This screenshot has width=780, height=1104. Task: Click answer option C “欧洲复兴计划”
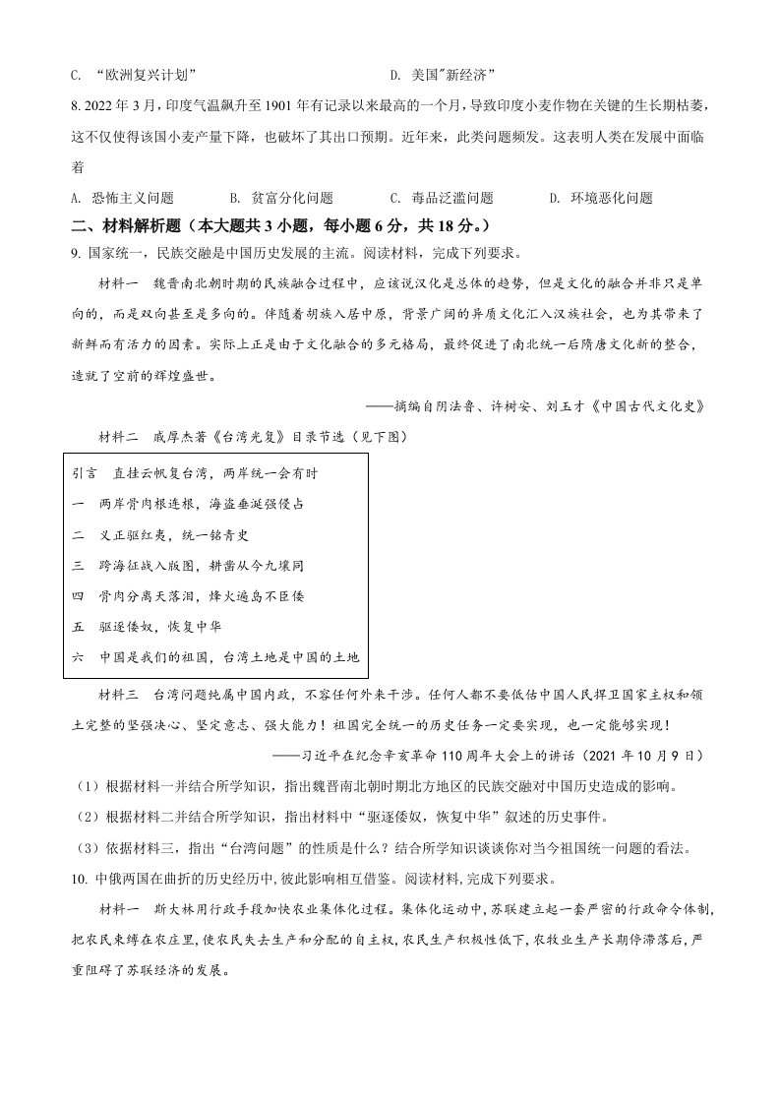[142, 75]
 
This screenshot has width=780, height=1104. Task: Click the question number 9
[74, 253]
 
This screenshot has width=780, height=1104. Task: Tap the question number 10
[78, 879]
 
